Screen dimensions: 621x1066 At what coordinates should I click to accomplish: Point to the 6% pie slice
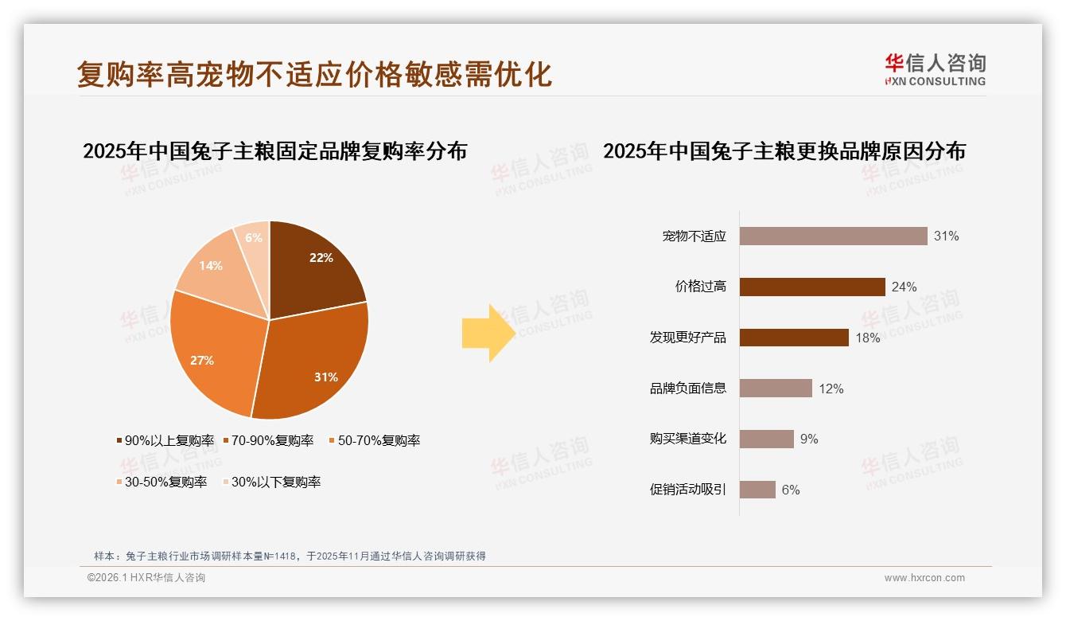(254, 239)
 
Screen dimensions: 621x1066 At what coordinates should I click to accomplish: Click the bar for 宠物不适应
(833, 236)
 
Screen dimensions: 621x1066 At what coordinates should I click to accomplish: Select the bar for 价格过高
(812, 287)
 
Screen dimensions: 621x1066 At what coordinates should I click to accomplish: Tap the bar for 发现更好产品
(794, 338)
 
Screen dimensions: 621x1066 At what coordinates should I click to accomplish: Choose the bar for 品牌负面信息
(776, 389)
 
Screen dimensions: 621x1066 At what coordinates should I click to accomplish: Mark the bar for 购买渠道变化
(767, 439)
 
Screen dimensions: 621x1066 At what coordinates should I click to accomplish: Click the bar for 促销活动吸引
(757, 490)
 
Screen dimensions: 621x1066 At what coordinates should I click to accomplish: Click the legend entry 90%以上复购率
(165, 440)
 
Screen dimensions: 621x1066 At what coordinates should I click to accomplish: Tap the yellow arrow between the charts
(488, 333)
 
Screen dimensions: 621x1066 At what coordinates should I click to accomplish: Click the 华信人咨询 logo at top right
(935, 69)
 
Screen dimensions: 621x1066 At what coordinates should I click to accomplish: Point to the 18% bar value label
(868, 338)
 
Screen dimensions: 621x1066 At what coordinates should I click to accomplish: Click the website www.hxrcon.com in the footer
(924, 578)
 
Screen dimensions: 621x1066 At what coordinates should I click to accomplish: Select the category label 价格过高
(701, 287)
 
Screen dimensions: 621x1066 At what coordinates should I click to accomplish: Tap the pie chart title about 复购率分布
(274, 150)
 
